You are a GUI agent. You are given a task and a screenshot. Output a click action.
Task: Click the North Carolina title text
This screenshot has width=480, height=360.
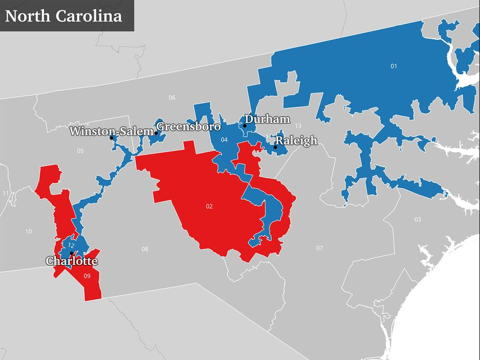(x=64, y=15)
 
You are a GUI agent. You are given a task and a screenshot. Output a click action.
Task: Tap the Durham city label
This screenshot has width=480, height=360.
(x=267, y=119)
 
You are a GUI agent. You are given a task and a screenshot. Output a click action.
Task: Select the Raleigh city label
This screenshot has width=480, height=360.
(x=296, y=140)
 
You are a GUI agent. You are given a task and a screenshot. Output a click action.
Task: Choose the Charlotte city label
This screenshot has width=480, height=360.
(x=71, y=261)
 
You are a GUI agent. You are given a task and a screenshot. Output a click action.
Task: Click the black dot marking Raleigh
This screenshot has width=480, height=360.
(x=275, y=147)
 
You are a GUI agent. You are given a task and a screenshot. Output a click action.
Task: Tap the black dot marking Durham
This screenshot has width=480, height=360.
(x=244, y=126)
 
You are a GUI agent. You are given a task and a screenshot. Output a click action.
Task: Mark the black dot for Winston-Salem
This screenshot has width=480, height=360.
(x=111, y=137)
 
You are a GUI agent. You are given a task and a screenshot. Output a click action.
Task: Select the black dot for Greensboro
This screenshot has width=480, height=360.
(x=156, y=133)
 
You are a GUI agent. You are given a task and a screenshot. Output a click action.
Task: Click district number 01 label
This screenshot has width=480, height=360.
(x=394, y=66)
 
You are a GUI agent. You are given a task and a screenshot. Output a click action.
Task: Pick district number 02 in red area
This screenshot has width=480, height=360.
(x=209, y=206)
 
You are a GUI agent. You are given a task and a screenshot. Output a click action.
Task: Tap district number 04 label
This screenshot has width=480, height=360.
(x=224, y=140)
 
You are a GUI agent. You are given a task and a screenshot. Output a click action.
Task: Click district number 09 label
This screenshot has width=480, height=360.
(x=87, y=276)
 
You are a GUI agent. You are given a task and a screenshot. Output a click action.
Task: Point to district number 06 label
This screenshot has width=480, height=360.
(x=172, y=98)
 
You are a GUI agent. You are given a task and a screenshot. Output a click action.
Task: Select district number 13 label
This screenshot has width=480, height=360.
(x=298, y=126)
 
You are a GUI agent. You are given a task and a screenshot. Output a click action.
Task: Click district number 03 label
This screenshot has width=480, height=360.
(x=417, y=220)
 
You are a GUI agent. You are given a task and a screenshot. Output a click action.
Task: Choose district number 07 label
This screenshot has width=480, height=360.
(x=319, y=248)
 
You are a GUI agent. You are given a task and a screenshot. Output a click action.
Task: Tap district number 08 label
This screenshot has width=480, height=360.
(x=145, y=249)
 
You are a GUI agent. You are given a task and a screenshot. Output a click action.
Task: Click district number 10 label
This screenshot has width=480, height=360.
(x=28, y=231)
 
